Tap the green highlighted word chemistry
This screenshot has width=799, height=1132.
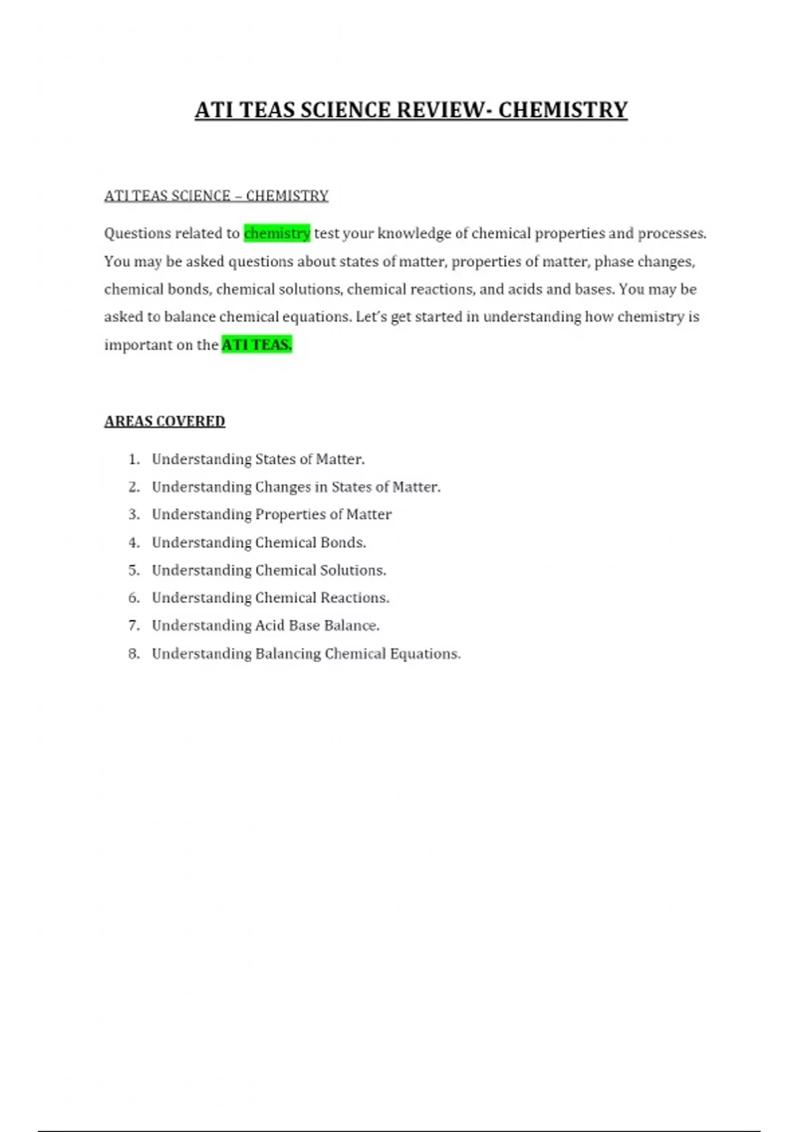pos(277,233)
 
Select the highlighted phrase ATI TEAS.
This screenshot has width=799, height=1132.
pos(256,345)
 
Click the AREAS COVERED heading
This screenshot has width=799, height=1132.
pos(164,422)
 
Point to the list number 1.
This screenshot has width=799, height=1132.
pos(134,459)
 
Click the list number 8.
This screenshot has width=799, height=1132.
pos(134,654)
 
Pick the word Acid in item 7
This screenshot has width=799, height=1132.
pos(270,626)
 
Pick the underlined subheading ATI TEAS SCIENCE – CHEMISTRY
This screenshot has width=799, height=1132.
pos(216,196)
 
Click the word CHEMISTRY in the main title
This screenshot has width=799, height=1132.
pos(563,110)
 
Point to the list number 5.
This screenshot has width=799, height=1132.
pos(134,571)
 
